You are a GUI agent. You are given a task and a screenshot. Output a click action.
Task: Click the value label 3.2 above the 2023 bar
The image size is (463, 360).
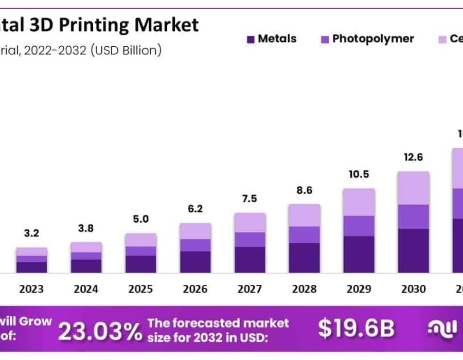coord(31,233)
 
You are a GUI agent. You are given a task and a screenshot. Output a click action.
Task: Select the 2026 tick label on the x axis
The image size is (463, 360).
coord(195,289)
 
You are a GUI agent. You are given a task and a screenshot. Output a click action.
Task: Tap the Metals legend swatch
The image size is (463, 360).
coord(251,39)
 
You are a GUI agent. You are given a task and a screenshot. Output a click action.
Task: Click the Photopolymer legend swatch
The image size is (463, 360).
coord(325,39)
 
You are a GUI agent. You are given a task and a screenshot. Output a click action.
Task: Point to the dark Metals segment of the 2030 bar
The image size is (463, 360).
coord(413,250)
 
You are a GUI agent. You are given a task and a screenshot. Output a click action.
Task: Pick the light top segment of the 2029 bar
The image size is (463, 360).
coord(359,202)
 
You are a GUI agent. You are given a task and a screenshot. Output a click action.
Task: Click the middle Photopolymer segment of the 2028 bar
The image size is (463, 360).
coord(304,235)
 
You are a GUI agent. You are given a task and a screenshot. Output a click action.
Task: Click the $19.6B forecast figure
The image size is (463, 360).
coord(356,329)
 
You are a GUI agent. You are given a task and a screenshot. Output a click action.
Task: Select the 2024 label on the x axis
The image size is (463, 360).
coord(86,289)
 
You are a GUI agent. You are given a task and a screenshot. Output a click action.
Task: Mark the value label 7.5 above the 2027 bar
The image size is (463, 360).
coord(250,199)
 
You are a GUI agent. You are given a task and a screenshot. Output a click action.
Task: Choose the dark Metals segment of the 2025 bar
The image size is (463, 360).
coord(140,264)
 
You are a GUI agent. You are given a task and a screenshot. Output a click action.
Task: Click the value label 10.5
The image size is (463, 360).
coord(359,174)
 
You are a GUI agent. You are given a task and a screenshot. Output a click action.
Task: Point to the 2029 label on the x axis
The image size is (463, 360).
coord(359,289)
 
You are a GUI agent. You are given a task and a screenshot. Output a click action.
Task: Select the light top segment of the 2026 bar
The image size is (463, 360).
coord(195,231)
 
